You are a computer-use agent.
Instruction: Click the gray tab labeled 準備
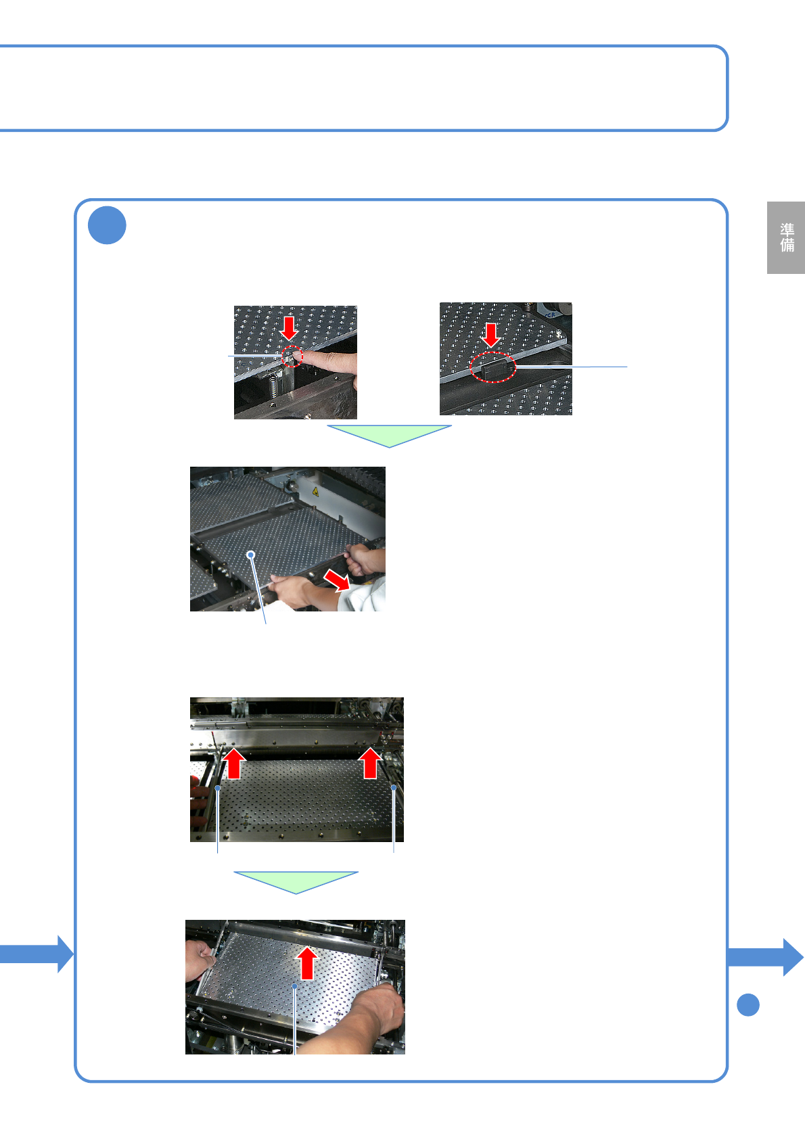[785, 237]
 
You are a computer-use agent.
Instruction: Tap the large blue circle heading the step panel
[107, 225]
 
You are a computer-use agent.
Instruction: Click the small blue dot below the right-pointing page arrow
[747, 1005]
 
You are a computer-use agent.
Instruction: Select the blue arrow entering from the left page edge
[37, 954]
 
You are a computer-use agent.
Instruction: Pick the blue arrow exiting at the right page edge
[766, 958]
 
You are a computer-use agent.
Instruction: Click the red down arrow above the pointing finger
[290, 328]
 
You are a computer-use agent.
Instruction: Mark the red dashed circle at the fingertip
[292, 356]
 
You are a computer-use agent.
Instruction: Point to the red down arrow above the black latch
[491, 335]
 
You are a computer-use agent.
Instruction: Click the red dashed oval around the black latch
[492, 367]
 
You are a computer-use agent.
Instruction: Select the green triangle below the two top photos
[390, 436]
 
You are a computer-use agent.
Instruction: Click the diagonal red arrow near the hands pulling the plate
[337, 580]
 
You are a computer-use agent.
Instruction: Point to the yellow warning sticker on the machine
[315, 491]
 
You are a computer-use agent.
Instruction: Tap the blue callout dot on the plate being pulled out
[251, 554]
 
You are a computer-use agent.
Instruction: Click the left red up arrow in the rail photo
[234, 763]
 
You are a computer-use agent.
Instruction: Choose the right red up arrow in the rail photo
[370, 763]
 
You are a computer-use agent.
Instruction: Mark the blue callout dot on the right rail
[394, 787]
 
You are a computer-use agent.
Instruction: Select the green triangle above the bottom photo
[296, 883]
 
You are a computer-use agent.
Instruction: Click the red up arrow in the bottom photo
[307, 963]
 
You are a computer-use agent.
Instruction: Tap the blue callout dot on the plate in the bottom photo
[294, 986]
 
